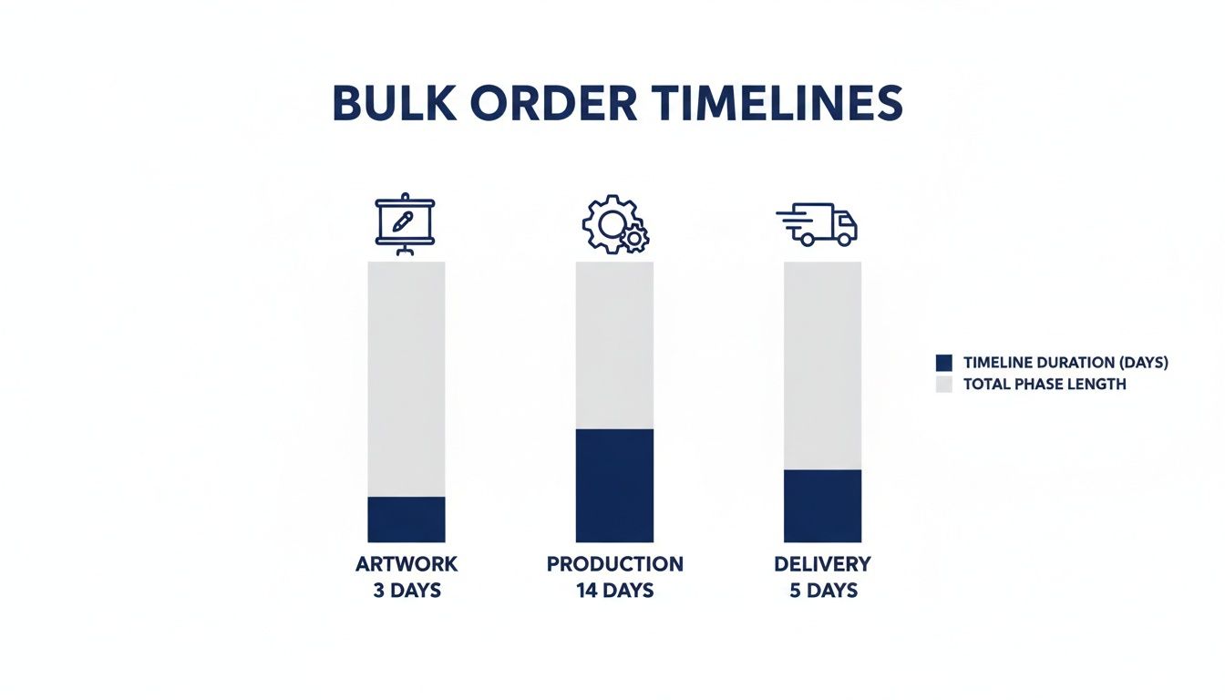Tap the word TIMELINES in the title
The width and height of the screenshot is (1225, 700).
pos(775,104)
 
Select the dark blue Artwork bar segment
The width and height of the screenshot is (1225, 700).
pos(407,520)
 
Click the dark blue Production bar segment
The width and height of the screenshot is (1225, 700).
pos(614,485)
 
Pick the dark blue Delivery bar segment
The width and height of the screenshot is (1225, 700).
pos(822,506)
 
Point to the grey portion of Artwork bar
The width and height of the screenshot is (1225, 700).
pos(407,378)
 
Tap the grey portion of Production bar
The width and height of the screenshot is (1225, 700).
pos(614,345)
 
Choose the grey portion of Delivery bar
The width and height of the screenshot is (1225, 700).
pos(822,365)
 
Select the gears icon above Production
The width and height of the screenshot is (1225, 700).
pos(614,224)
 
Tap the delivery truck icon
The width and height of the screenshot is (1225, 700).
pos(818,224)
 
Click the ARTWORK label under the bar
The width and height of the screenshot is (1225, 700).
pos(407,564)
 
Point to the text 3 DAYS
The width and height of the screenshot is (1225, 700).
pos(407,591)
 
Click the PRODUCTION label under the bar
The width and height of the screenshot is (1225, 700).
pos(614,564)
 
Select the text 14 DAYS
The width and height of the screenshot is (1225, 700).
pos(614,591)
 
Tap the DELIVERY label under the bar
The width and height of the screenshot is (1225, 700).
pos(822,564)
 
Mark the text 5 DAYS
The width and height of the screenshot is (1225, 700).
pos(822,591)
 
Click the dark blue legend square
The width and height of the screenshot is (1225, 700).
pos(944,363)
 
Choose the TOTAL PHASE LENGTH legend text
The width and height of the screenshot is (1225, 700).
pos(1045,385)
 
